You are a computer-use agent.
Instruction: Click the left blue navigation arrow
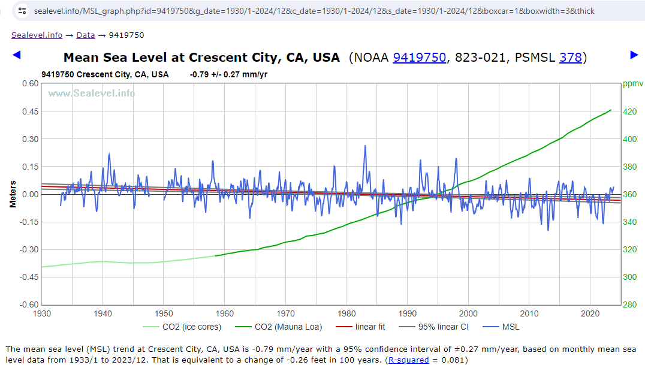17,55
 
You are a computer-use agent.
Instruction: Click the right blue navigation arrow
634,55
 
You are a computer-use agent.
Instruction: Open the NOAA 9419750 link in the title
419,58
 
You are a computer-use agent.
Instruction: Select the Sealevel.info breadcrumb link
37,35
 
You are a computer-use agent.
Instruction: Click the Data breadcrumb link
85,35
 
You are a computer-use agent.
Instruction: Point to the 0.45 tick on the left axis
31,111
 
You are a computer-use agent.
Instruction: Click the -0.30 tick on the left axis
29,249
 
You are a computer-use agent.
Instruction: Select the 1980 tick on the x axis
346,313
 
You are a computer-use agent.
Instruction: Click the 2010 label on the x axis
529,313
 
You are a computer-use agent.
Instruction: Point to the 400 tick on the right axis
630,139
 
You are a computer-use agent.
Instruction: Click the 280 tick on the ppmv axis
630,304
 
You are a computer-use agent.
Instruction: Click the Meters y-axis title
13,194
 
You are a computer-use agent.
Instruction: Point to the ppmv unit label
632,84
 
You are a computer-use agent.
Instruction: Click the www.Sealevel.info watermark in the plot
91,93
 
